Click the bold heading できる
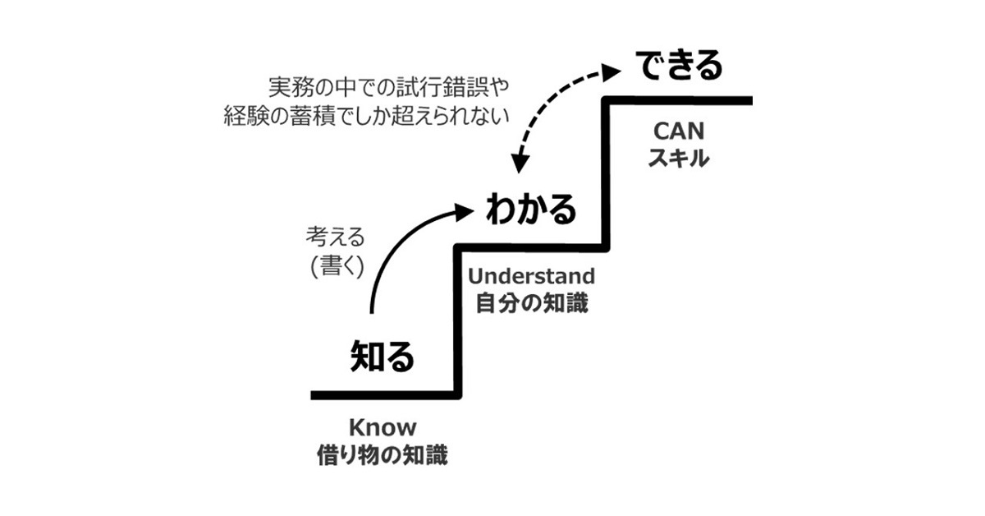(678, 66)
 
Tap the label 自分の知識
(531, 303)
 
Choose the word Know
(383, 427)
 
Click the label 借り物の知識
(383, 455)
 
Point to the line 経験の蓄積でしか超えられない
(366, 116)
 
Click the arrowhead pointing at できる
(612, 71)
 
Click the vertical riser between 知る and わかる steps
(456, 320)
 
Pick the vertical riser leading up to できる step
(607, 173)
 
